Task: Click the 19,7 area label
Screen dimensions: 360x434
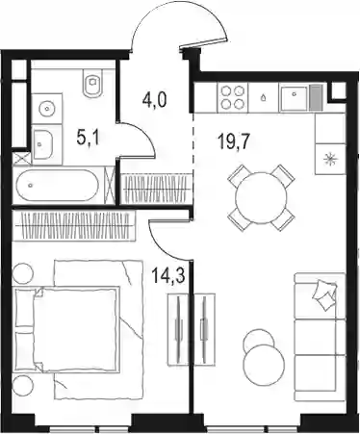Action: tap(233, 141)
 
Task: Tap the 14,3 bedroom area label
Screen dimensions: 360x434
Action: tap(168, 276)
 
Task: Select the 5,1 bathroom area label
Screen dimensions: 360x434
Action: tap(89, 139)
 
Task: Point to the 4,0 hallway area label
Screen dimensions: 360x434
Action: tap(154, 100)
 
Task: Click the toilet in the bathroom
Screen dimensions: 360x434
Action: tap(92, 83)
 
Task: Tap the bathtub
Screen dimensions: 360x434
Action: tap(59, 186)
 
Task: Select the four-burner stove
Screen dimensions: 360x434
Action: tap(233, 97)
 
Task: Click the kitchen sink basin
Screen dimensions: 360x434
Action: tap(294, 97)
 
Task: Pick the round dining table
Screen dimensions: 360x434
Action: tap(261, 197)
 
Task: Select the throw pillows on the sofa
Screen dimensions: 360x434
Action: tap(324, 294)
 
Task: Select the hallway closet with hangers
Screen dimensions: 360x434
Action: tap(157, 189)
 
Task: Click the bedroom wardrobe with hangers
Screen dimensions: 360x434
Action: tap(74, 225)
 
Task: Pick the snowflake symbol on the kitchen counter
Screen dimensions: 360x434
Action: tap(330, 159)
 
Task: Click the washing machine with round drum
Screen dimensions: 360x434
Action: tap(47, 109)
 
